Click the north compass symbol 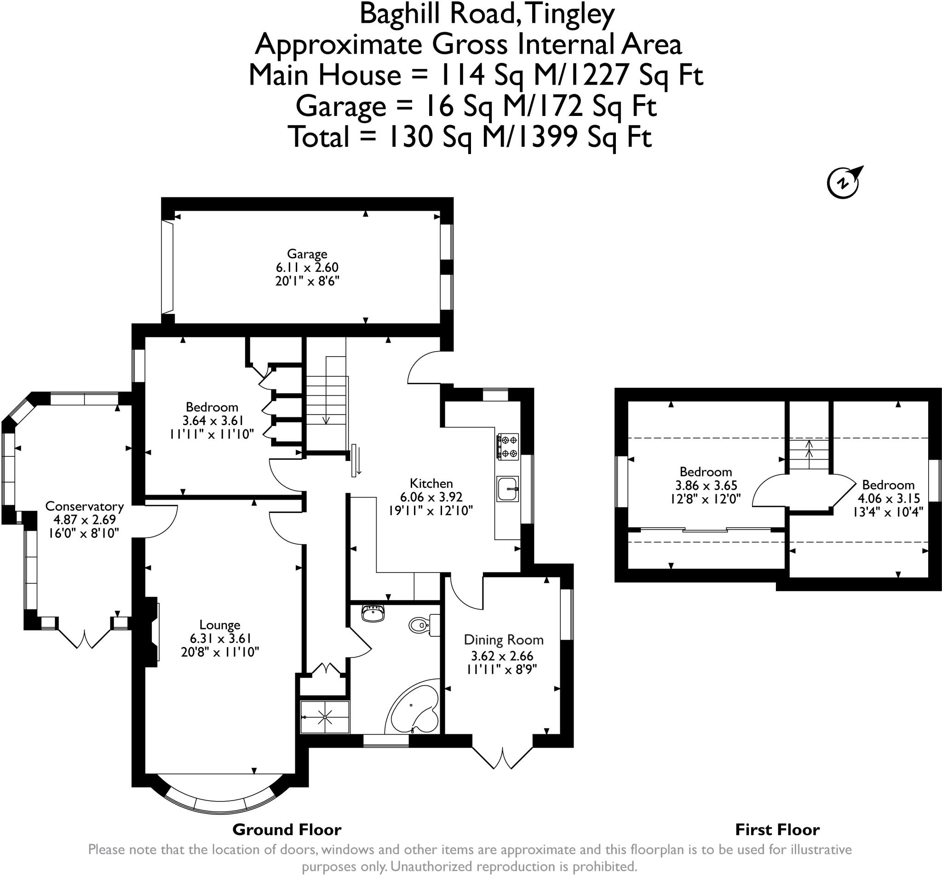point(845,182)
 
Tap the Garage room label point(307,254)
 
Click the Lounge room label point(220,625)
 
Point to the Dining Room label point(503,640)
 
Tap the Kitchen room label point(431,483)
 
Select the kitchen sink point(507,489)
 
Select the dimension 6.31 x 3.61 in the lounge point(220,639)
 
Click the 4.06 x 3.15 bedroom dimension point(889,499)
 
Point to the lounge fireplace point(152,631)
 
